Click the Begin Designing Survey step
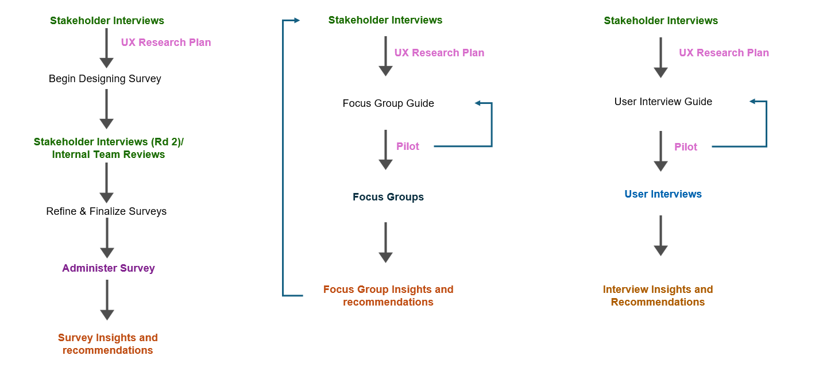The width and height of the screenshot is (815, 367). click(x=105, y=79)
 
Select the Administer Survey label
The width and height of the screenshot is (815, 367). click(x=109, y=268)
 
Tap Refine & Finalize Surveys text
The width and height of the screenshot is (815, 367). click(x=106, y=211)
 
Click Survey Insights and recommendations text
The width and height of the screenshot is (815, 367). click(x=107, y=343)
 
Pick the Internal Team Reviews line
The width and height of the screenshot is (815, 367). click(x=109, y=154)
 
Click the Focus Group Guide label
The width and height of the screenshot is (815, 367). click(x=388, y=103)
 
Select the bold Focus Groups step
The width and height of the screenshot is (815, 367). click(x=388, y=197)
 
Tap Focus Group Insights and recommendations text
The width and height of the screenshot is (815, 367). click(x=388, y=296)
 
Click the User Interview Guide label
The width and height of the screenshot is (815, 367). click(x=663, y=102)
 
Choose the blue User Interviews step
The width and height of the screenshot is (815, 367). click(x=663, y=194)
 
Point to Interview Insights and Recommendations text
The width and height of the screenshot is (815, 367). click(x=658, y=296)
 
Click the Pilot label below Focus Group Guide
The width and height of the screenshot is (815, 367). click(x=408, y=146)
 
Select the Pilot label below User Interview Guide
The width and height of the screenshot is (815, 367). click(x=686, y=147)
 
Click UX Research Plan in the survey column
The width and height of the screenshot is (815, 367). click(x=166, y=43)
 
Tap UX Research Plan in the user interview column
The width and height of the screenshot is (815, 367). click(x=724, y=53)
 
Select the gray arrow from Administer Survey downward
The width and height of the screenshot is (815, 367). click(x=107, y=299)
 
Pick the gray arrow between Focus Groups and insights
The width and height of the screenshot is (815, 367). click(x=386, y=242)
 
